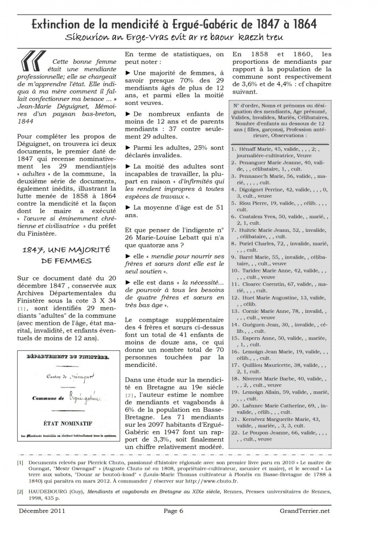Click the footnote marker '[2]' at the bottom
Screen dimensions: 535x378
point(19,492)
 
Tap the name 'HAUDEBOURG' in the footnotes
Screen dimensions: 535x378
point(52,492)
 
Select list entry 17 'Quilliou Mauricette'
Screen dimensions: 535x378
point(265,365)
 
